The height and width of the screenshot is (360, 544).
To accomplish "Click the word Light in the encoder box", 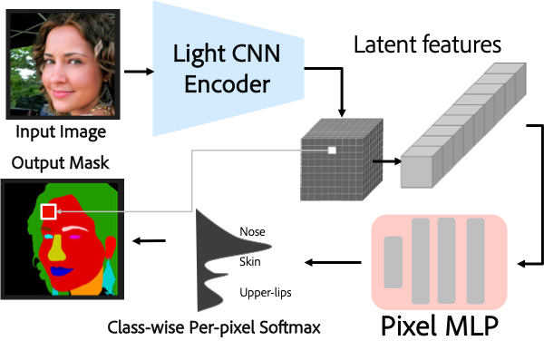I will (x=198, y=55).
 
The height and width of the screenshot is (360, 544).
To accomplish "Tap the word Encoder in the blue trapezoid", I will (x=227, y=85).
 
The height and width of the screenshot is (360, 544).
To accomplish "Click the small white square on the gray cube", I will (x=332, y=150).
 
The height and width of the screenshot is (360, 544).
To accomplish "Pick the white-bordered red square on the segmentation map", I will (x=48, y=212).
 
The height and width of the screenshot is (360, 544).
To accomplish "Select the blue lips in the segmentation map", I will (x=60, y=270).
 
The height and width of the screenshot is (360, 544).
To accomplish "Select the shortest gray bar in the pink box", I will (x=393, y=262).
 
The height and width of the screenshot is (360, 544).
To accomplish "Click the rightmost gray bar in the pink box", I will (x=475, y=261).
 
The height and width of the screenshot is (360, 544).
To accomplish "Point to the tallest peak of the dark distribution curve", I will (x=267, y=246).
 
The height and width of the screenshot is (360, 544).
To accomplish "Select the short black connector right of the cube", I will (x=378, y=164).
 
